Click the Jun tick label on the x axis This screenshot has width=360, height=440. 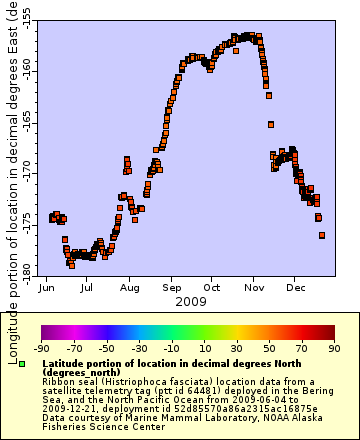point(46,287)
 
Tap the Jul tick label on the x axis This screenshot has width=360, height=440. point(88,287)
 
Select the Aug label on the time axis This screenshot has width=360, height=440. point(129,287)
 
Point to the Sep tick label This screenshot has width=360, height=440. point(171,287)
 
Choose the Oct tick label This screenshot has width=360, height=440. point(212,287)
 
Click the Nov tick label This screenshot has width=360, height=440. point(254,287)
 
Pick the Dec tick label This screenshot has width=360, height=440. point(295,287)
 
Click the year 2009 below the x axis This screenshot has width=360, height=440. point(190,301)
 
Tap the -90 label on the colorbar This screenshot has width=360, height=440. point(42,349)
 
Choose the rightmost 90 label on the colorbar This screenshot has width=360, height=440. point(334,349)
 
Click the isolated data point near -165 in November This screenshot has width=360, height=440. point(271,125)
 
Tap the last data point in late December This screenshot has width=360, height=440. point(322,235)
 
